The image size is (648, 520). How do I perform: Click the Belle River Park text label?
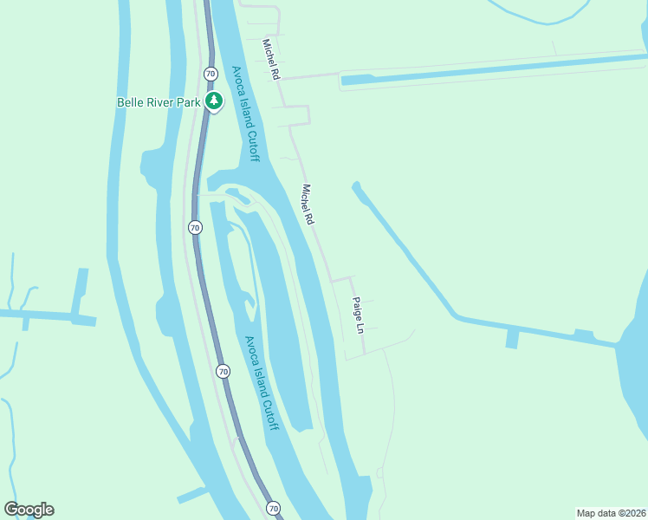159,102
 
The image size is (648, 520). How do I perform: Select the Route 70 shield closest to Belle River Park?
211,74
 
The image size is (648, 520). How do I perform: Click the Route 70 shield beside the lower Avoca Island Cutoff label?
224,372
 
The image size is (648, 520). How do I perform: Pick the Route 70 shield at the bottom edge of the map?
274,508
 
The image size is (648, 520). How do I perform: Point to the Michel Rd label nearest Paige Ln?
307,205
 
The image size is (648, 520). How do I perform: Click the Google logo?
29,510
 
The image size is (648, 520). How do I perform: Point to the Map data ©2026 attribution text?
610,512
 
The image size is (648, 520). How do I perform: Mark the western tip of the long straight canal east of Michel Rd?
345,81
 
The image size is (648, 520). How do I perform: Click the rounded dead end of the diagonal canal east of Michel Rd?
355,185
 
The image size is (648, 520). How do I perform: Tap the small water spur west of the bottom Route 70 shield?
191,497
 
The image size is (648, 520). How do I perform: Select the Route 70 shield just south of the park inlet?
195,227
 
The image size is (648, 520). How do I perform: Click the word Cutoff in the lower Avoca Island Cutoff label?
267,413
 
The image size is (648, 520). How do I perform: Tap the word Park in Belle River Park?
188,102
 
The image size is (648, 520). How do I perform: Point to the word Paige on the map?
356,309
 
